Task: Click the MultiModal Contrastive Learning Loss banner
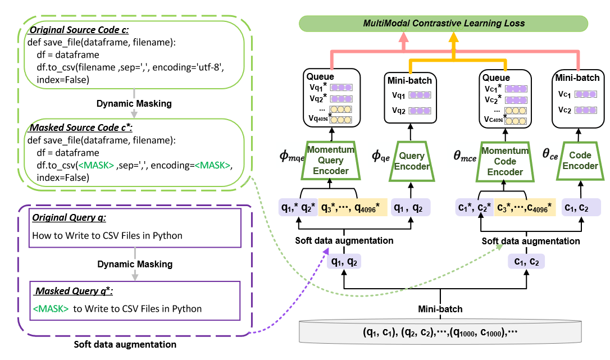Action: tap(444, 23)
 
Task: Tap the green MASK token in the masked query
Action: tap(51, 308)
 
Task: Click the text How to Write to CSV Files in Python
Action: tap(107, 235)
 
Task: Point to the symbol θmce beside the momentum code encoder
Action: tap(465, 156)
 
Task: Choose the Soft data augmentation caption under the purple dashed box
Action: tap(125, 344)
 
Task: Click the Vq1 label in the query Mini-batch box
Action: tap(399, 96)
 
